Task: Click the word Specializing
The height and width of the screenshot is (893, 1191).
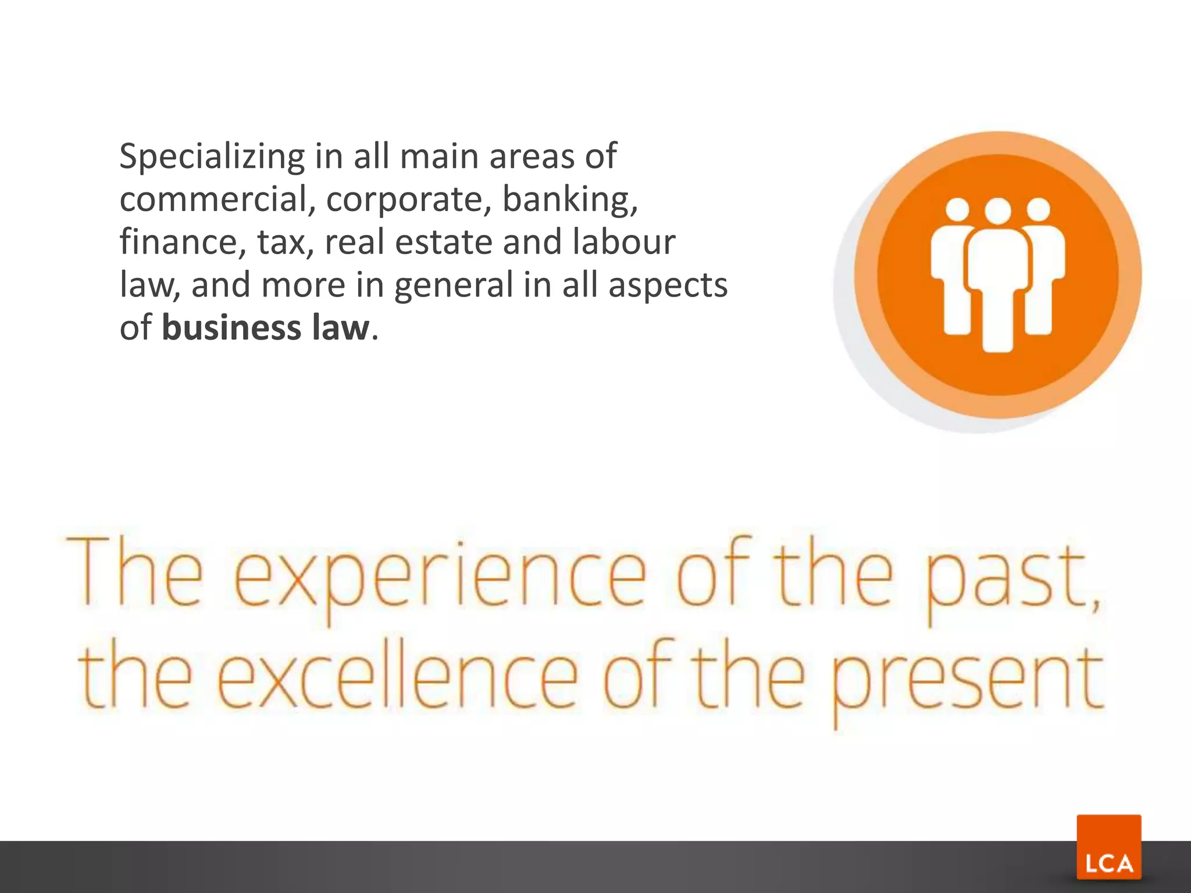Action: pos(212,157)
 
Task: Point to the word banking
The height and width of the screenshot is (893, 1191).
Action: pos(569,200)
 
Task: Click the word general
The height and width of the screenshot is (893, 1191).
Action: pos(454,286)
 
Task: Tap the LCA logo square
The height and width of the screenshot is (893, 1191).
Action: pos(1108,846)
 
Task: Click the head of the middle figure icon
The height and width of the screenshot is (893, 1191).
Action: pos(998,212)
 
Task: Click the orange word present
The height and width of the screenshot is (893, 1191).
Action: pos(965,680)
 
